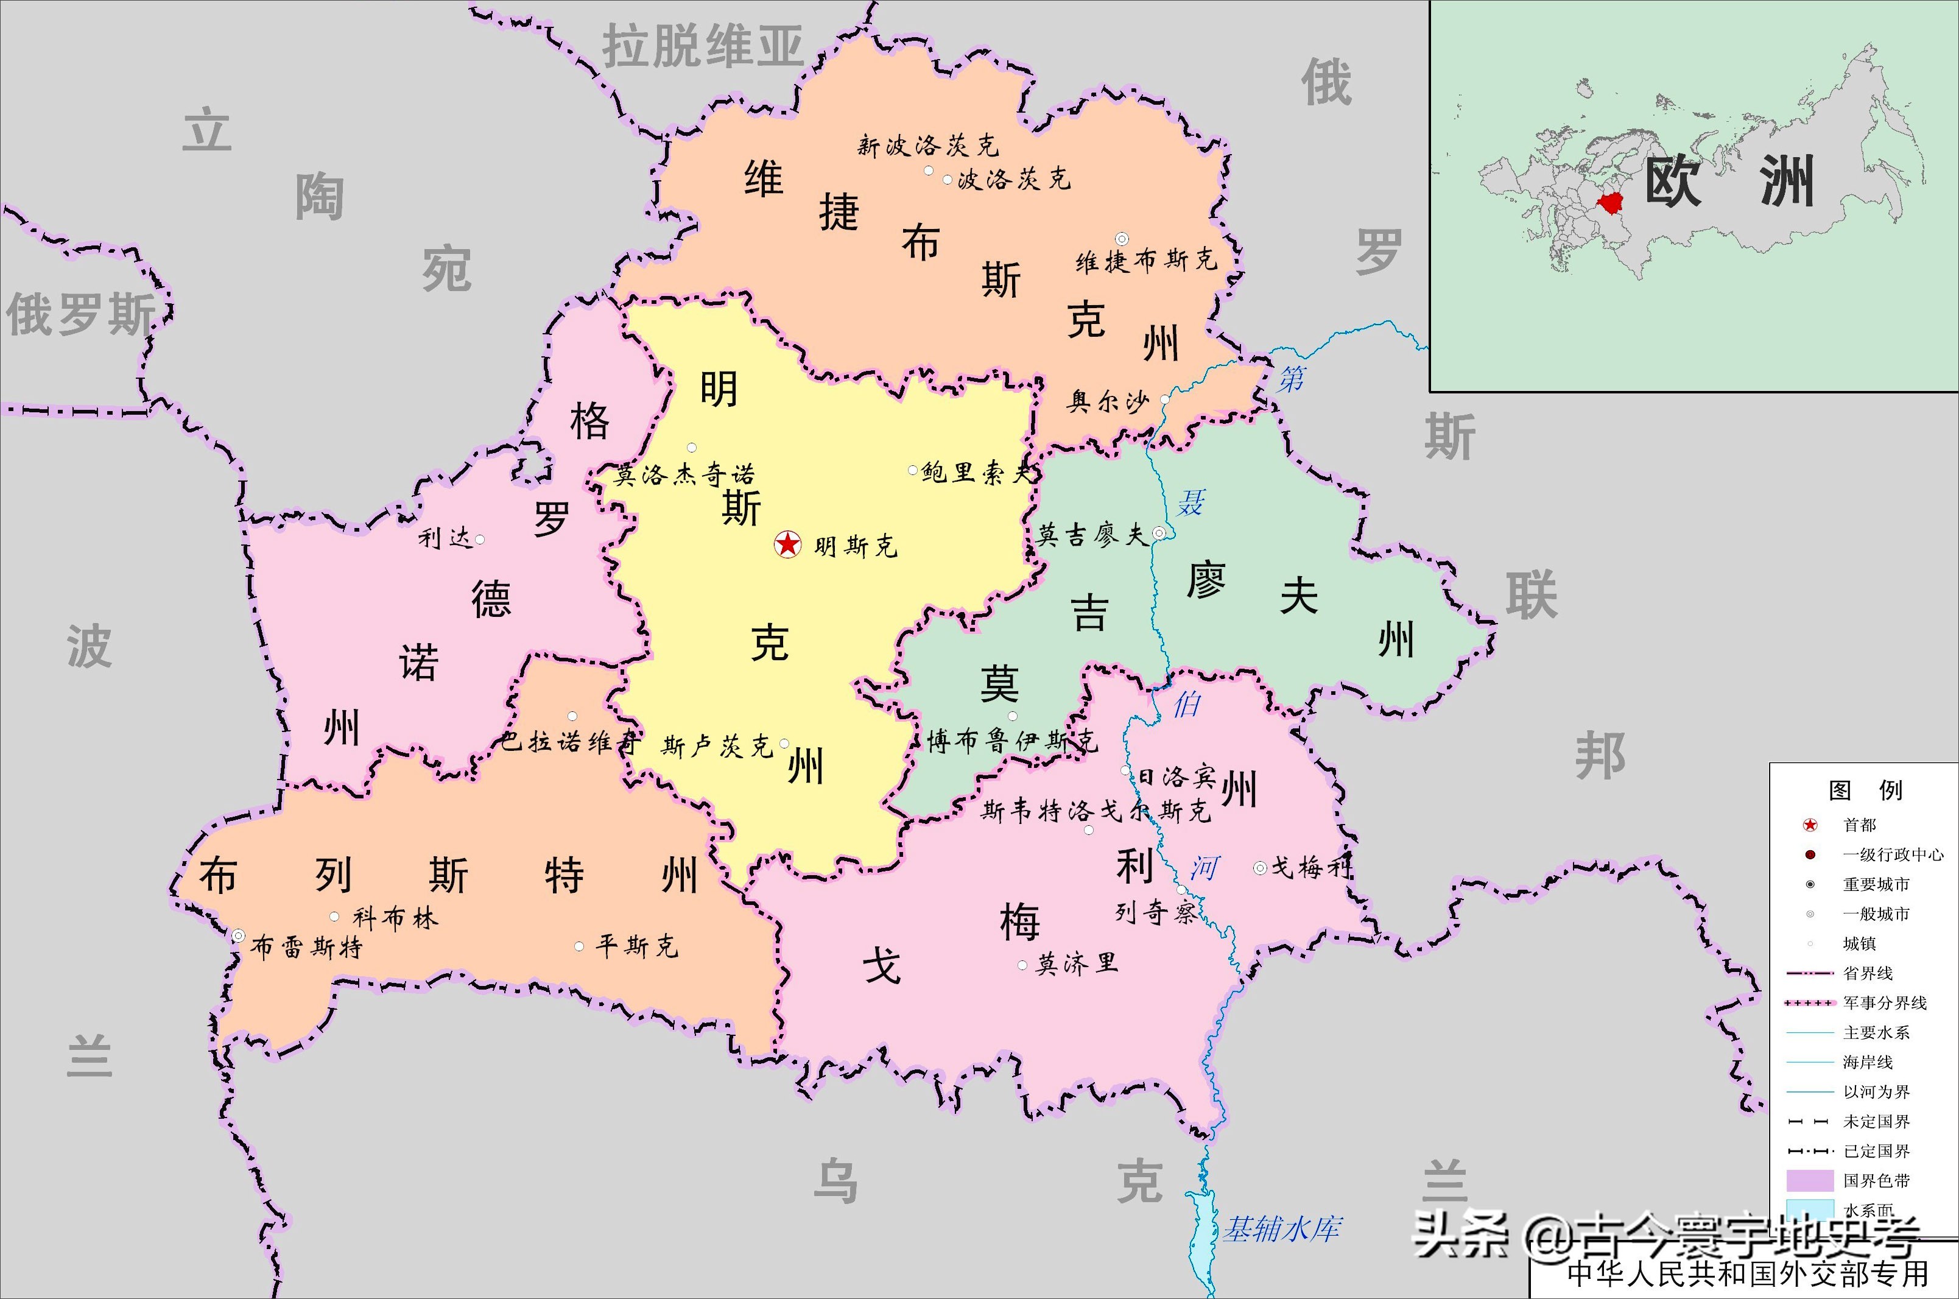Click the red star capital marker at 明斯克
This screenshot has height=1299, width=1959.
[787, 544]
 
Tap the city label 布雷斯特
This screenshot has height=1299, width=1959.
[306, 946]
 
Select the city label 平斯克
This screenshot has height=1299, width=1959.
[637, 945]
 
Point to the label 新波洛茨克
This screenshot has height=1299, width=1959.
[927, 146]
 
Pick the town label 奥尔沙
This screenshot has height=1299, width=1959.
[1108, 403]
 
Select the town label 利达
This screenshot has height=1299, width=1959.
[445, 538]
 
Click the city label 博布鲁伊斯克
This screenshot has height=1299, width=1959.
[1011, 741]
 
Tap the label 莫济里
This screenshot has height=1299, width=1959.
[1077, 963]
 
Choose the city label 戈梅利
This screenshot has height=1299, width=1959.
[1311, 867]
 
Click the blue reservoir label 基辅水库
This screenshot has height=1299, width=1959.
[1281, 1228]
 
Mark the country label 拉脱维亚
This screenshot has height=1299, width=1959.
[702, 46]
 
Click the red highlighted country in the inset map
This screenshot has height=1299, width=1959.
[1610, 202]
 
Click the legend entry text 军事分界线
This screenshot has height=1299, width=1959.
[1885, 1002]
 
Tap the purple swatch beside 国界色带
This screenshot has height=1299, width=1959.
[1809, 1180]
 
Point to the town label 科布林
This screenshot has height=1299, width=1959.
[395, 918]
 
